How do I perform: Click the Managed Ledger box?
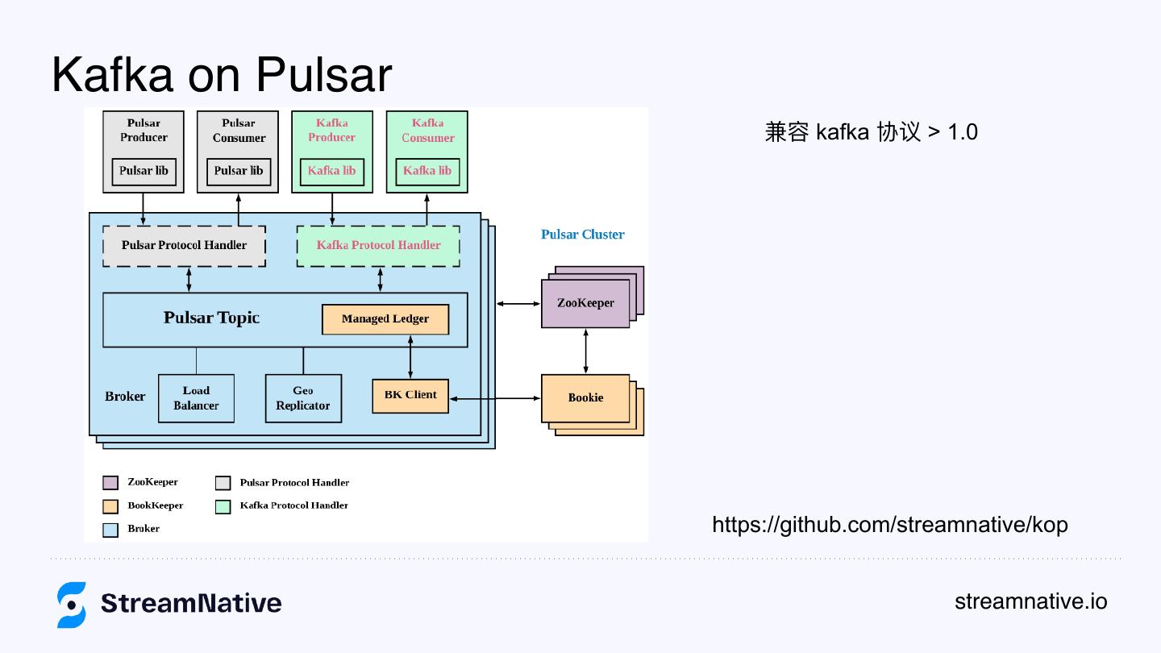(x=385, y=318)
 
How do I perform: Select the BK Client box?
(x=410, y=396)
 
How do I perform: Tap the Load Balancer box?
(x=196, y=398)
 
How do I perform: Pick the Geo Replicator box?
(x=303, y=398)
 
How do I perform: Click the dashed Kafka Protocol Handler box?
(x=378, y=246)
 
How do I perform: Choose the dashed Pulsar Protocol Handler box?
(x=184, y=246)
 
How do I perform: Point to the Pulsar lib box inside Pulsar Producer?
(x=144, y=172)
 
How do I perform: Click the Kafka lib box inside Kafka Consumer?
(x=427, y=172)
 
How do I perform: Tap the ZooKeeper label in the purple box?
(x=585, y=303)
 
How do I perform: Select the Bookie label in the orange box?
(x=585, y=397)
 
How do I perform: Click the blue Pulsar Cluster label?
(x=583, y=235)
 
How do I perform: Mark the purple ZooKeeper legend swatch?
(x=110, y=482)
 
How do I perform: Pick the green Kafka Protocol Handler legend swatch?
(x=223, y=506)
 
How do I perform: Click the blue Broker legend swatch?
(x=110, y=530)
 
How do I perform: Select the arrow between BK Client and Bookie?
(x=495, y=398)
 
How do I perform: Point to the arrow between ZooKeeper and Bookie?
(x=585, y=351)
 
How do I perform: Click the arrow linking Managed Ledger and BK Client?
(x=410, y=357)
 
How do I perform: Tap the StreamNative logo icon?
(x=72, y=605)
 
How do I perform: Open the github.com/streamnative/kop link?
(x=890, y=525)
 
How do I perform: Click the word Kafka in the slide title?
(x=112, y=74)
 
